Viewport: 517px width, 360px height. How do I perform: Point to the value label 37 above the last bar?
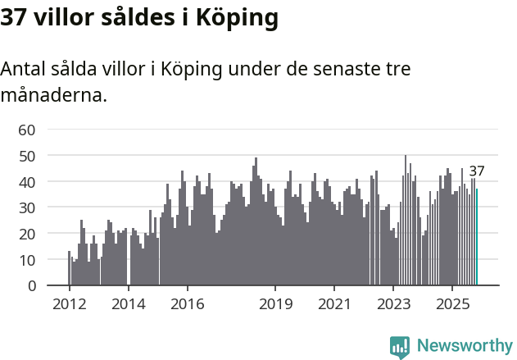477,171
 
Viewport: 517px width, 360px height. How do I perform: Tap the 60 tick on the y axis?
27,130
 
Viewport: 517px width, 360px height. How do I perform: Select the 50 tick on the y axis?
27,156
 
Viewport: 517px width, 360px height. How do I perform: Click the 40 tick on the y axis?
27,181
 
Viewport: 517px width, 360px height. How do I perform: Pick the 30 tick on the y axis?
27,207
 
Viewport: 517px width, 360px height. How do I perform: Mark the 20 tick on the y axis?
27,234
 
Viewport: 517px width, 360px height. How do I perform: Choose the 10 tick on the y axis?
27,260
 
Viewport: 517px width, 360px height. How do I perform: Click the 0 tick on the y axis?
31,285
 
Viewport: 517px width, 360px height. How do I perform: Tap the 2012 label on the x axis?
69,304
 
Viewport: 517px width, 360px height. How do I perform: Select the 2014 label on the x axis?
129,304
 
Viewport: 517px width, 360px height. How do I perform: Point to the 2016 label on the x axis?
188,304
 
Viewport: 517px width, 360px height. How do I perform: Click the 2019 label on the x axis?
276,304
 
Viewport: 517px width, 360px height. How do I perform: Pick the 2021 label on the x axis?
334,304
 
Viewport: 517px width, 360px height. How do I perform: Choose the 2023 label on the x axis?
393,304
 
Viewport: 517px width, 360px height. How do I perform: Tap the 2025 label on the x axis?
452,304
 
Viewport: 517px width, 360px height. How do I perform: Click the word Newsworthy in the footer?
464,346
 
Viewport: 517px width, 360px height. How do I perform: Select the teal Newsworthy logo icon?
400,347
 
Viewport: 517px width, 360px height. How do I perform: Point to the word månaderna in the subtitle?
54,95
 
